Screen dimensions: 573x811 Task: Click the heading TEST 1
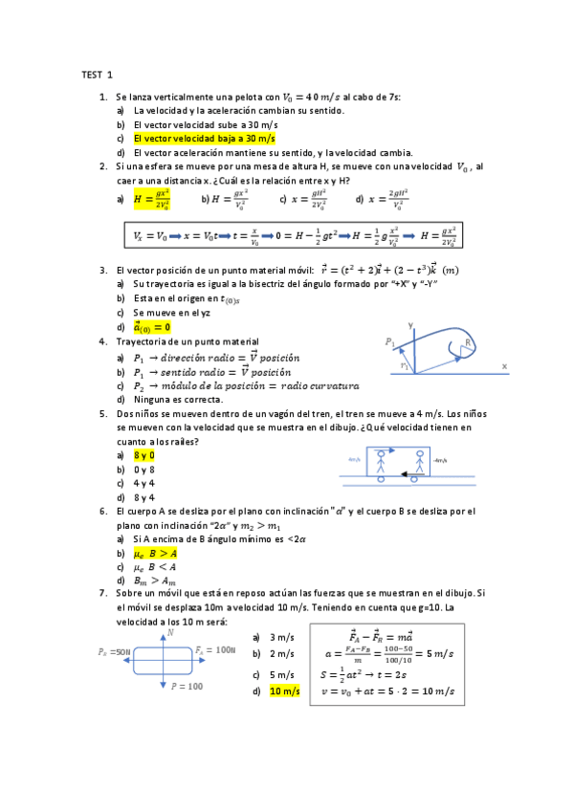97,74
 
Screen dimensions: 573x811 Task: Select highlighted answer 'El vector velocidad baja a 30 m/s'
204,139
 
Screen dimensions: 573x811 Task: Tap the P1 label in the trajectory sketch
390,341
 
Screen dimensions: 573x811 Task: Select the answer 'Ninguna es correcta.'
178,399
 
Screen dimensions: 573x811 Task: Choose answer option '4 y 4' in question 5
144,483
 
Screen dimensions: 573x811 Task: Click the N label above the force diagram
170,632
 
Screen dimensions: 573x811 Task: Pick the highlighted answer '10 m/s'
284,691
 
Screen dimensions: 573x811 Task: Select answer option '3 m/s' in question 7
281,637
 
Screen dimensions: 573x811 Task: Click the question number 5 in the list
102,413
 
